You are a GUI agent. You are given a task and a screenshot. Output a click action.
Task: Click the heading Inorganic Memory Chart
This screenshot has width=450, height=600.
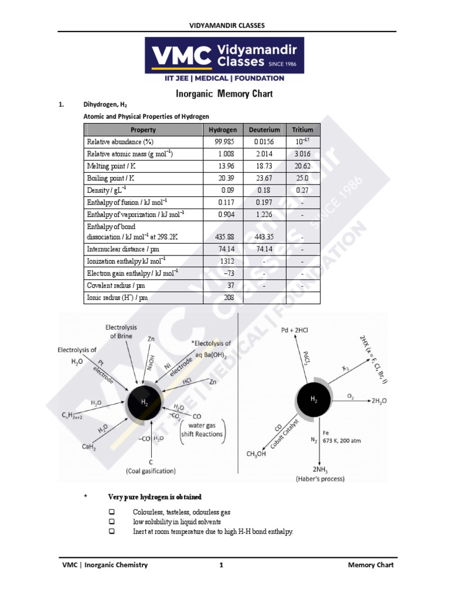tap(224, 94)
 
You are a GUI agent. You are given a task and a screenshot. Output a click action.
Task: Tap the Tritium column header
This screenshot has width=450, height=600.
tap(302, 129)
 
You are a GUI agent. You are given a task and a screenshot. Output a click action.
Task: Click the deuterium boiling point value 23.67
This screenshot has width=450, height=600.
tap(263, 178)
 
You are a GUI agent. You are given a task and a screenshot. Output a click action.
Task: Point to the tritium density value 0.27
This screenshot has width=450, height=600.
tap(302, 190)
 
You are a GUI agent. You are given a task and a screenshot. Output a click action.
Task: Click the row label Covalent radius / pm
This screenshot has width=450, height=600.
tap(116, 285)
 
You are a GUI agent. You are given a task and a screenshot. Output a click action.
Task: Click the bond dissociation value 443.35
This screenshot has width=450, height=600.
tap(263, 237)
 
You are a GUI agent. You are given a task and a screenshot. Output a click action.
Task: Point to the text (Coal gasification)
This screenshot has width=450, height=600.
tap(151, 471)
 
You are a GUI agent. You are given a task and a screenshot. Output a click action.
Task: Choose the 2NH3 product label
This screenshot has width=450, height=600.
tap(320, 470)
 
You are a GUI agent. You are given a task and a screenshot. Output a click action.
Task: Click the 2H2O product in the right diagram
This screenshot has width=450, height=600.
tap(379, 400)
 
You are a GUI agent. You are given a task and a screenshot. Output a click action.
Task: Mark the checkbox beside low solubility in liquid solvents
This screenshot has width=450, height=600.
tap(112, 521)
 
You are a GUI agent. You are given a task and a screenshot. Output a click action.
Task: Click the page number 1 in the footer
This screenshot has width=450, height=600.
tap(221, 565)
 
